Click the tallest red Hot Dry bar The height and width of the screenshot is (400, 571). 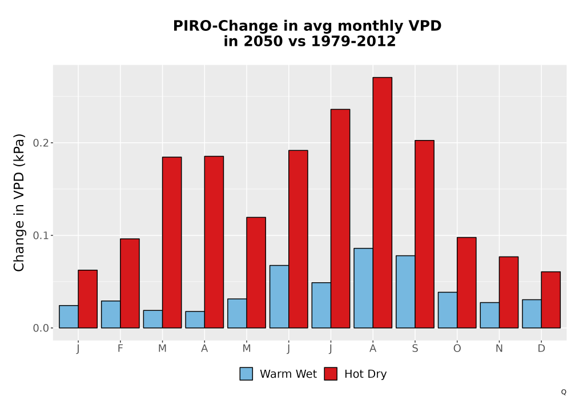point(383,202)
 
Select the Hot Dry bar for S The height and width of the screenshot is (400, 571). point(425,234)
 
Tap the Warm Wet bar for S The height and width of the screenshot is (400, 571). point(405,292)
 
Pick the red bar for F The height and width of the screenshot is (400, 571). point(130,283)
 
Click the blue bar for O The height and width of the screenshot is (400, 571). point(448,310)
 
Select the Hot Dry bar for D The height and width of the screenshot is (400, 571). point(550,300)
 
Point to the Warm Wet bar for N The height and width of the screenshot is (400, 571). point(490,315)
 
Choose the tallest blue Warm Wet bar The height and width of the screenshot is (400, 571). point(363,288)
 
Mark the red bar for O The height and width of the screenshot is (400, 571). point(467,283)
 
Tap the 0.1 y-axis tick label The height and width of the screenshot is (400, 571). point(41,235)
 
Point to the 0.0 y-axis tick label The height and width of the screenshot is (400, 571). point(41,328)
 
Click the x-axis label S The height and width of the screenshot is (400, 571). point(415,349)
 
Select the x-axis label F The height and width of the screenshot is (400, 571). point(120,349)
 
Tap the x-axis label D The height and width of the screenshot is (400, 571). point(541,349)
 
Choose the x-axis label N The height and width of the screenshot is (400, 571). point(499,349)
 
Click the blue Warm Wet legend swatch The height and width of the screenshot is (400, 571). point(246,374)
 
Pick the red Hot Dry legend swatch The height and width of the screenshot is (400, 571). point(331,374)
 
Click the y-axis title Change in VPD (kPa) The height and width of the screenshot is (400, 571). point(19,203)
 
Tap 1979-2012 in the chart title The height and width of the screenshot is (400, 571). point(353,41)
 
